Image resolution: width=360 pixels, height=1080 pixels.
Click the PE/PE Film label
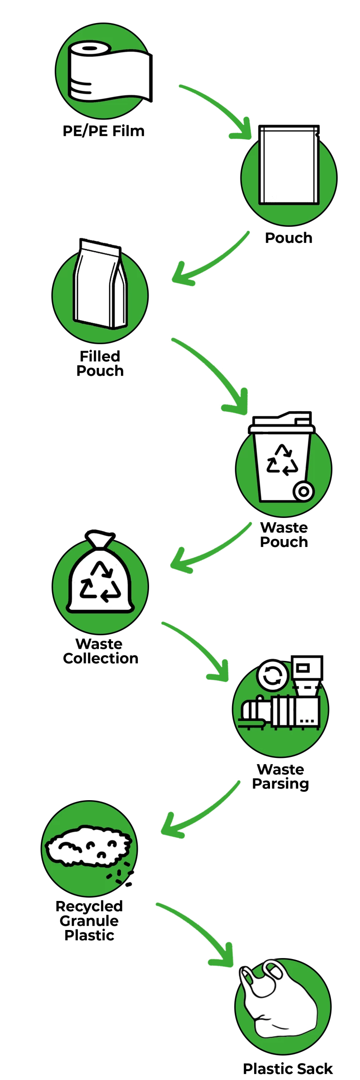click(x=104, y=131)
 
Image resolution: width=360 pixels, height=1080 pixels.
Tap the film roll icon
click(x=110, y=71)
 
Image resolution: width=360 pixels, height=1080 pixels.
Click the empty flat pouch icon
click(x=289, y=165)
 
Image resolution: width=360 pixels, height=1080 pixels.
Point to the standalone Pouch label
click(x=289, y=238)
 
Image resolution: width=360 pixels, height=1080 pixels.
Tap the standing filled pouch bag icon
click(x=100, y=284)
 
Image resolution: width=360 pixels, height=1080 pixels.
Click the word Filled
click(x=100, y=356)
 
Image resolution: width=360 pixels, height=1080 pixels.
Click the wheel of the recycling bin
click(x=304, y=491)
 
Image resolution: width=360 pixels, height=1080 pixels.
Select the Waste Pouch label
click(x=284, y=535)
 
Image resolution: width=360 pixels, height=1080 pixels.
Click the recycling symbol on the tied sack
click(x=100, y=582)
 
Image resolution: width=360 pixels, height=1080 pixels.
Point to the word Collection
click(x=101, y=659)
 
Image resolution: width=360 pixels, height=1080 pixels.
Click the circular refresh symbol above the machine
click(x=273, y=675)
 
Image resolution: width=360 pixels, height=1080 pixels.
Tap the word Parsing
click(x=281, y=784)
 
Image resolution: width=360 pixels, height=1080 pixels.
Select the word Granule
click(x=89, y=921)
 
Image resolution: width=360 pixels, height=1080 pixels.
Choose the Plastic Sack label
click(x=288, y=1069)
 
